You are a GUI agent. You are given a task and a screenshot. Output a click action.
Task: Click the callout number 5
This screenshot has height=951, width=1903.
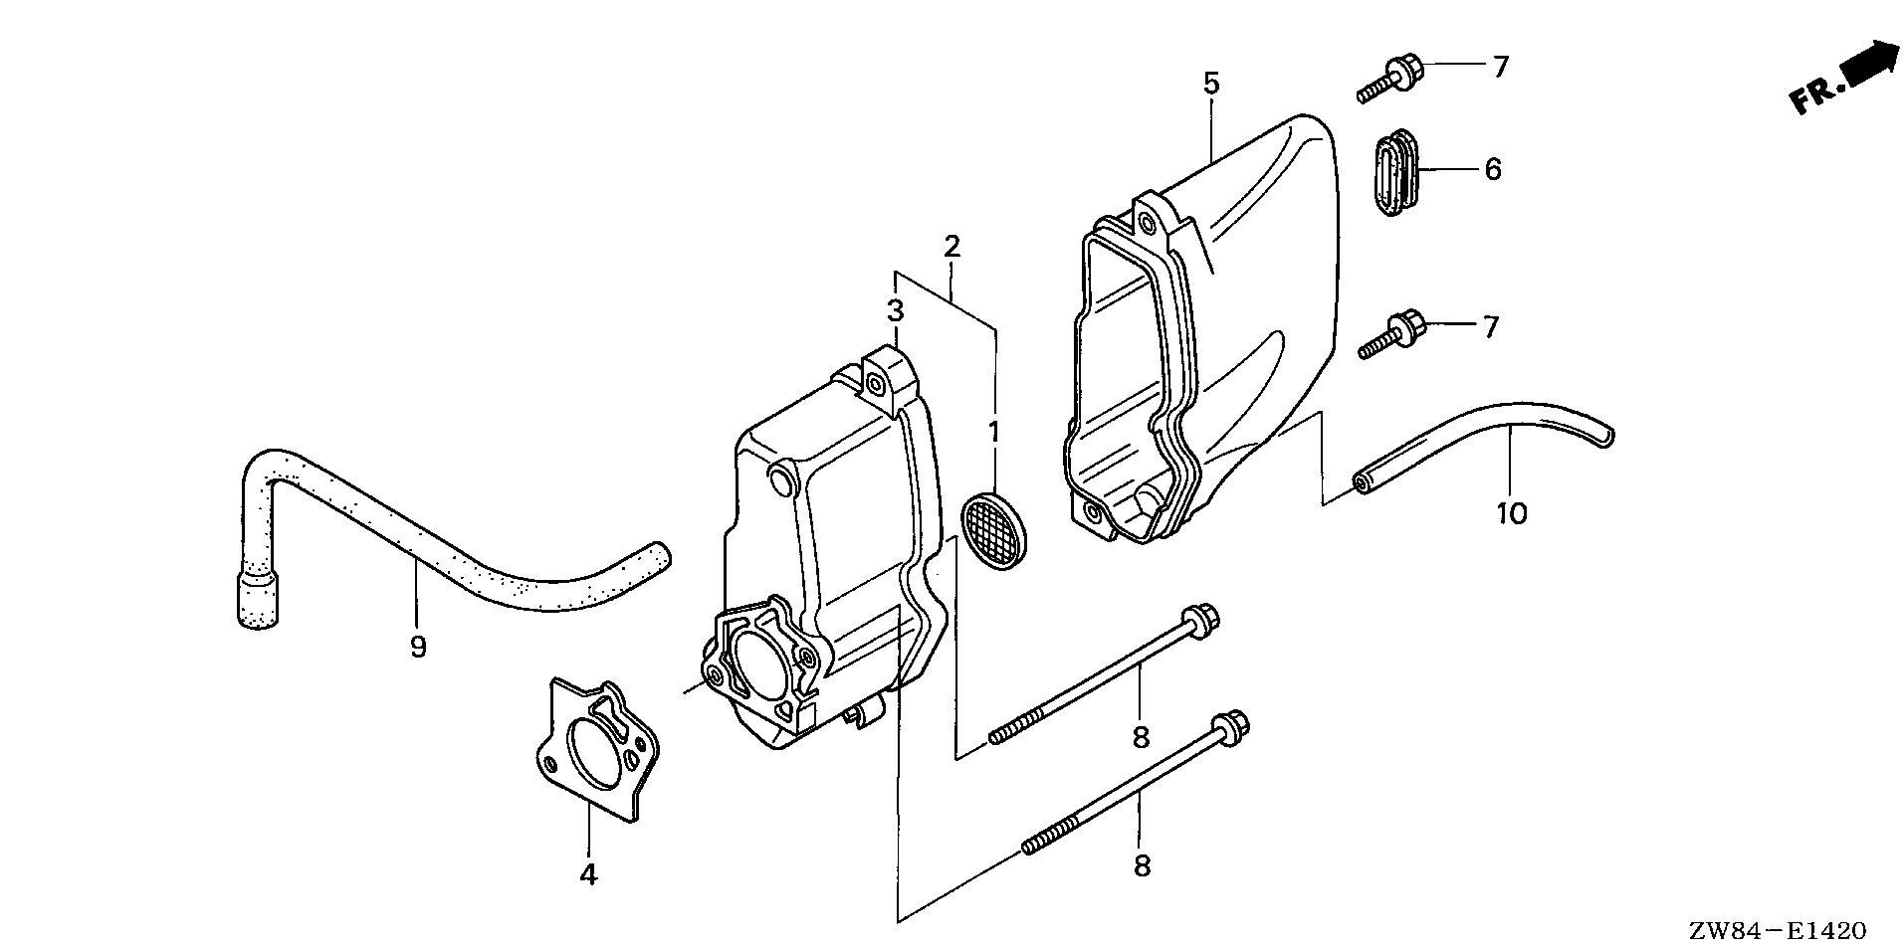coord(1210,84)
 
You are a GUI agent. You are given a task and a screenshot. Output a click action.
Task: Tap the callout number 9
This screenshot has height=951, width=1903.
coord(418,648)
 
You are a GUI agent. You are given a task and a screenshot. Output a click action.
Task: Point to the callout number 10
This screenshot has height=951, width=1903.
coord(1510,513)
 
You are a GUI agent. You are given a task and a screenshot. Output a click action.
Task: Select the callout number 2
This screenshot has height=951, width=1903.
coord(951,246)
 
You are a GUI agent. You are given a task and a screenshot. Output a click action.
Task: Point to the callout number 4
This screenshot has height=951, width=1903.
coord(588,875)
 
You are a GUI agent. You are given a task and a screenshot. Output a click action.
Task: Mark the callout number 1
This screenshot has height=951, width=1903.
coord(992,433)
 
